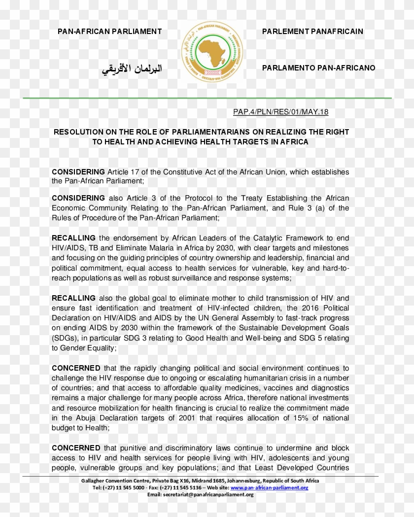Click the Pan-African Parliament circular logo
tap(212, 51)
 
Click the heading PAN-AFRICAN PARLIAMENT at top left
tap(109, 32)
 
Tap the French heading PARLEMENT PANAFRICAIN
tap(312, 32)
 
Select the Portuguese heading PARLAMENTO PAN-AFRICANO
tap(318, 68)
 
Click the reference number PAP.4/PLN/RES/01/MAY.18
tap(280, 112)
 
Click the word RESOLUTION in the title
tap(78, 132)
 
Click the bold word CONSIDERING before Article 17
tap(78, 172)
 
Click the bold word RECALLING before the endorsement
tap(73, 238)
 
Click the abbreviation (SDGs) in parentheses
tap(65, 338)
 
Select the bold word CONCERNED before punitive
tap(76, 448)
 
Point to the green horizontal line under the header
tap(207, 98)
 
